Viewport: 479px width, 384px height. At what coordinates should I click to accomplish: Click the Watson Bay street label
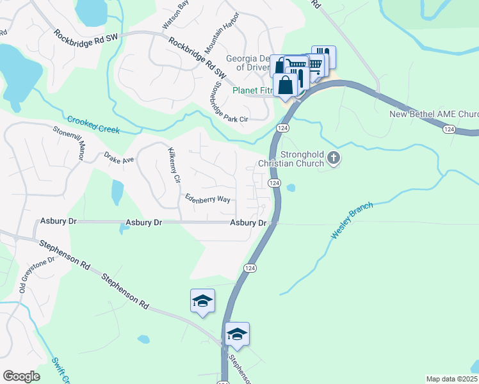175,15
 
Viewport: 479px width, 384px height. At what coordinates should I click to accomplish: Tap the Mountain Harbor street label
221,32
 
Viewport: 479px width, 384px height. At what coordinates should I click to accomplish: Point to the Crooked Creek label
93,124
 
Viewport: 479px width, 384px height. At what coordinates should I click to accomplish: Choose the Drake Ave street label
119,157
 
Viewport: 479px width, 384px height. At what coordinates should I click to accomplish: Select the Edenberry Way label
207,199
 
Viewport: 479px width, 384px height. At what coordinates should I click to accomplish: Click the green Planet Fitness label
252,91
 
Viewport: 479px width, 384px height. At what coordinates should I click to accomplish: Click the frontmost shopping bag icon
284,86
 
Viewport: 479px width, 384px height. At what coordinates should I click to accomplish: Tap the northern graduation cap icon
202,301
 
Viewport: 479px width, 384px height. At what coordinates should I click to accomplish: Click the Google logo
21,376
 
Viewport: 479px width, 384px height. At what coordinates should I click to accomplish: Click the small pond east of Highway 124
291,188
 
